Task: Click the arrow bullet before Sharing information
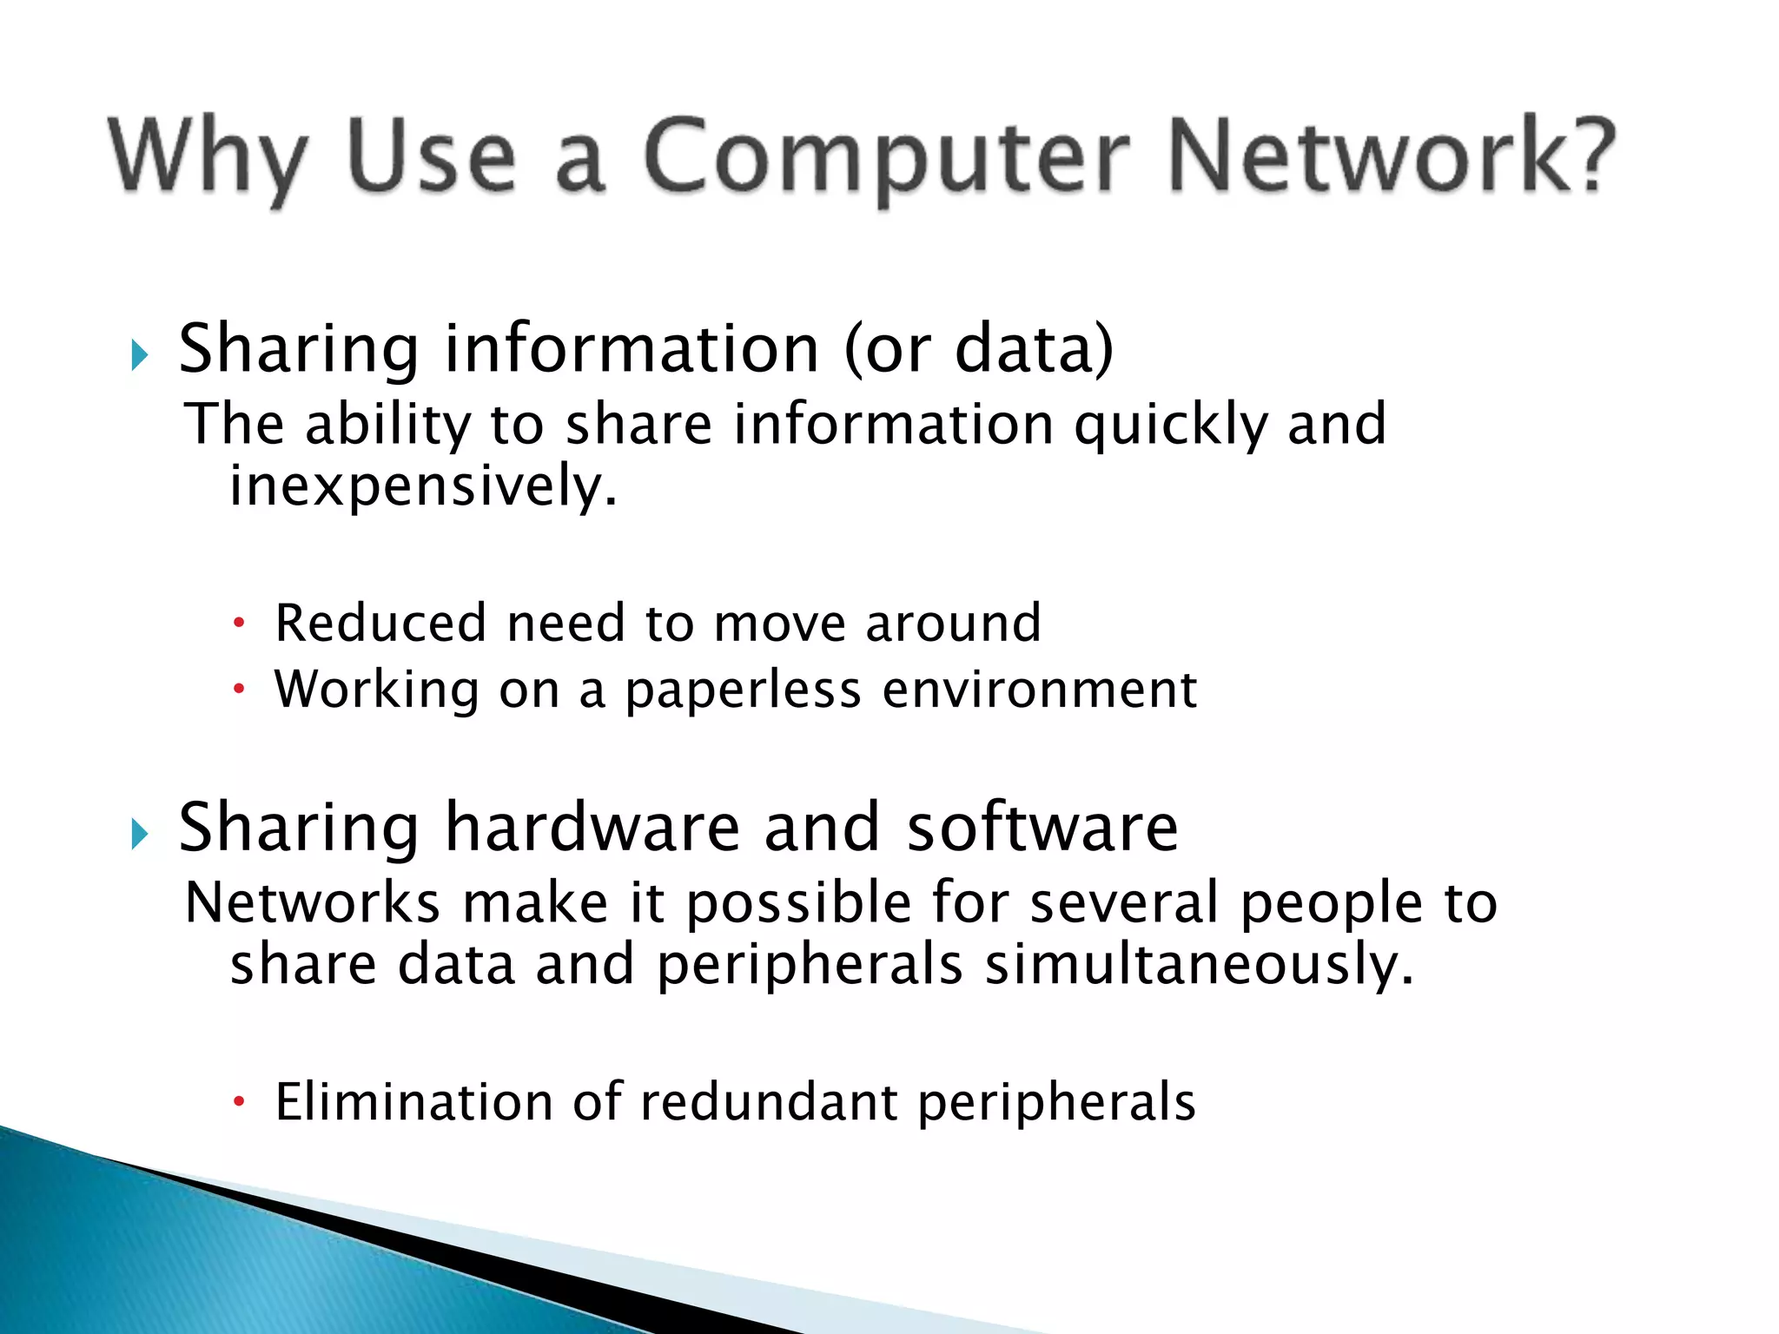pos(139,354)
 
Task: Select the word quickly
pos(1170,426)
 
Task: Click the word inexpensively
pos(423,485)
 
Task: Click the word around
pos(953,623)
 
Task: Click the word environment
pos(1040,690)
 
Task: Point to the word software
pos(1042,827)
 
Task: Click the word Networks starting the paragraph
pos(313,903)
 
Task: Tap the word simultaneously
pos(1200,966)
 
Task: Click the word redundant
pos(769,1102)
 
